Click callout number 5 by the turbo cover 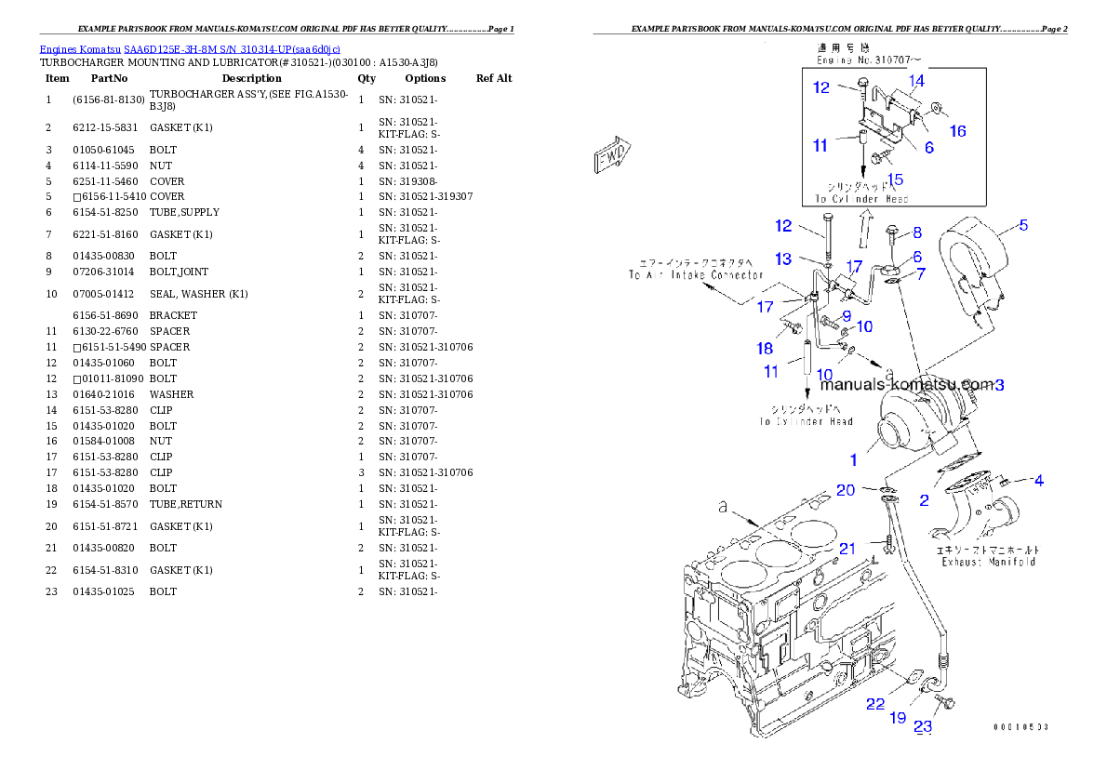tap(1023, 224)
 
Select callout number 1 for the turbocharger tap(853, 459)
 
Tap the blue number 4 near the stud tap(1039, 481)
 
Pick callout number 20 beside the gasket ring tap(845, 490)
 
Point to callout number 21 tap(847, 548)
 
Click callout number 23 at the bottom tap(923, 727)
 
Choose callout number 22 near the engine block tap(875, 704)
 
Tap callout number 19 tap(898, 717)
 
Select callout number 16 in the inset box tap(957, 131)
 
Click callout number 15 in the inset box tap(895, 179)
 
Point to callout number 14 tap(916, 81)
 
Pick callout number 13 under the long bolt tap(784, 259)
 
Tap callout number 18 tap(765, 348)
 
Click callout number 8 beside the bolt tap(917, 232)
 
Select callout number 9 tap(847, 316)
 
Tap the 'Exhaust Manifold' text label tap(988, 562)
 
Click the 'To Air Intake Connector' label tap(695, 274)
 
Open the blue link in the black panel tap(190, 48)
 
